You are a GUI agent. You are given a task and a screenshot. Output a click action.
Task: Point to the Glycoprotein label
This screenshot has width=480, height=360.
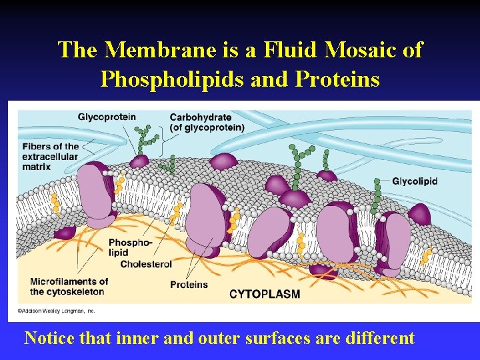pos(107,117)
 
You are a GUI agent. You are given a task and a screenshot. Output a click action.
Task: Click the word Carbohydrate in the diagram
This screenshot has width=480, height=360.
pos(201,117)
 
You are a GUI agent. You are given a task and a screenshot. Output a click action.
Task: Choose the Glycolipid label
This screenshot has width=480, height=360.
pos(415,181)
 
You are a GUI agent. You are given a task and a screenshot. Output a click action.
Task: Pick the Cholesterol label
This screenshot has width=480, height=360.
pos(146,264)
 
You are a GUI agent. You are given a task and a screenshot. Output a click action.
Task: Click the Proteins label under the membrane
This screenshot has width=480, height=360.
pos(189,285)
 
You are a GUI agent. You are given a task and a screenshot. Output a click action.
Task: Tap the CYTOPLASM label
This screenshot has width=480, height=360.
pos(264,294)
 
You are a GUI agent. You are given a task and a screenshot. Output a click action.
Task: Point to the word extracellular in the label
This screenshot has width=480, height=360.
pos(50,157)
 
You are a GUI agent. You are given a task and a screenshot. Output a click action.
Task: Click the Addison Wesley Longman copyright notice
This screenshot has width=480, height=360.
pos(56,311)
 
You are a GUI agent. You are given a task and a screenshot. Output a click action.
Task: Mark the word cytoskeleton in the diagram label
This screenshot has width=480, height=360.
pos(75,291)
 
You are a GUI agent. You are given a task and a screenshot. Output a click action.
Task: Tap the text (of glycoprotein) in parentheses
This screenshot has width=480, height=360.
pos(207,127)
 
